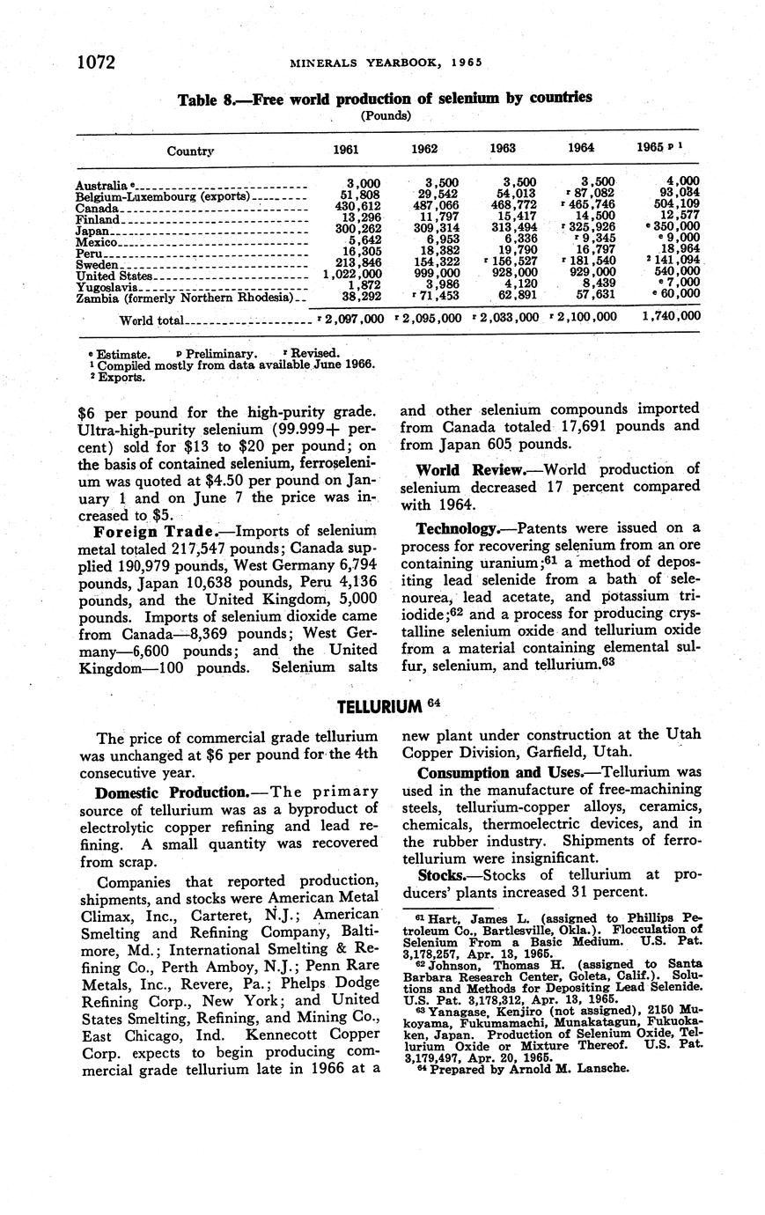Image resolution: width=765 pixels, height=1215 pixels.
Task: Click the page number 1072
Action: [x=97, y=62]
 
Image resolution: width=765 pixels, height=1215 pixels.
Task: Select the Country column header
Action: [x=191, y=151]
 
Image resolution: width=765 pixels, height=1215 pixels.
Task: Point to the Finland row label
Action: [x=97, y=219]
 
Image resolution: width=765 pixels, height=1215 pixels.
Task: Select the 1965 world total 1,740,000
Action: [x=665, y=315]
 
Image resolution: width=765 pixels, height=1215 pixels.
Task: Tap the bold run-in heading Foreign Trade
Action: [x=146, y=531]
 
